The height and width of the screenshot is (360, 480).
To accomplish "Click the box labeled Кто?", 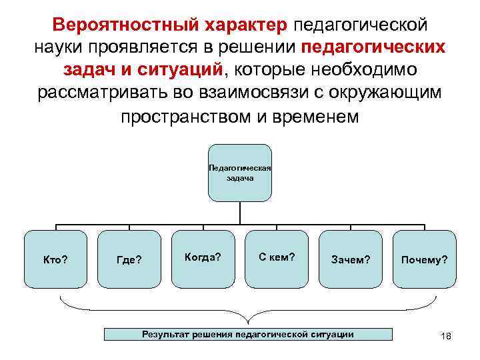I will [x=55, y=259].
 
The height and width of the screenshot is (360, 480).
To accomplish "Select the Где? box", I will [x=129, y=259].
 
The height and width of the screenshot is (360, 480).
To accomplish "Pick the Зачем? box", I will [x=351, y=259].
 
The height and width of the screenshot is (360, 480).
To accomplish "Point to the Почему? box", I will [x=424, y=259].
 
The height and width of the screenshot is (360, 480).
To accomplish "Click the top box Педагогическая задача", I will [x=240, y=173].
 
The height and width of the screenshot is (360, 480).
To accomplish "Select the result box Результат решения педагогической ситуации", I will [x=248, y=334].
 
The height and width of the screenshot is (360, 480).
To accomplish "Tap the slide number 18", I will [x=446, y=336].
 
